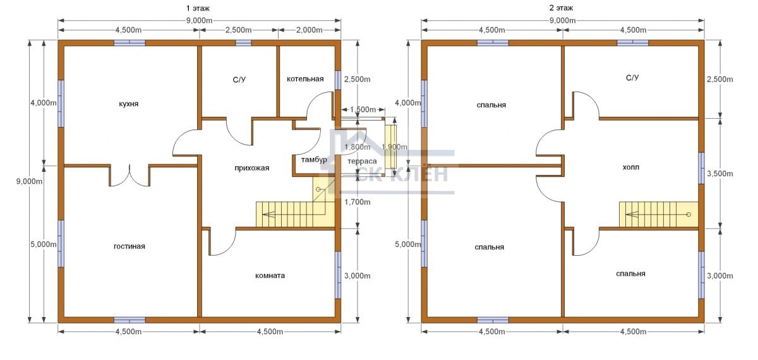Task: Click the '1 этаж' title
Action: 198,8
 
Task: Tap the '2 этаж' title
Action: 561,8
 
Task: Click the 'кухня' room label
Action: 129,104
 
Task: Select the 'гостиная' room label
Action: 129,246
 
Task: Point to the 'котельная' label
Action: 305,79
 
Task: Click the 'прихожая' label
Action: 252,168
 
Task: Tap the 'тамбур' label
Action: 314,159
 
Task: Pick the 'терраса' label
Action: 362,162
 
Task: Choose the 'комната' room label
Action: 270,275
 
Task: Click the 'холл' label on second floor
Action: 631,167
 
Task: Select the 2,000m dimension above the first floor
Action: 310,30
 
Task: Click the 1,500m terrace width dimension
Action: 363,110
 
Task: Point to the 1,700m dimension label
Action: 358,202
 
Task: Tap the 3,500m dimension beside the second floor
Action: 720,174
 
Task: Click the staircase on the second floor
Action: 659,214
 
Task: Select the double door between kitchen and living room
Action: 129,176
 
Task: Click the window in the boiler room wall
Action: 338,80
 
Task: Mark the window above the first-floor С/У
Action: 244,43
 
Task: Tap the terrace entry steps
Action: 391,147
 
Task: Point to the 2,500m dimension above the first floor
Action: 239,30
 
